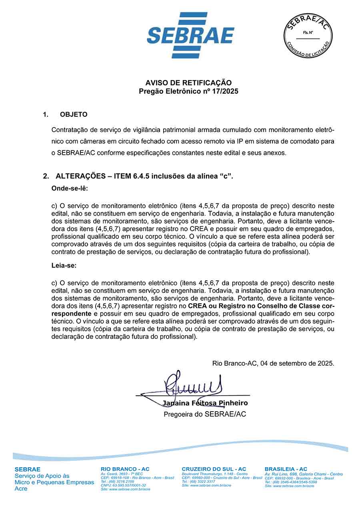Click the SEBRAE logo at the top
pos(190,35)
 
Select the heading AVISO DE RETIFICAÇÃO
pos(188,83)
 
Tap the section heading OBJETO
pos(74,114)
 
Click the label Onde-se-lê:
pos(70,188)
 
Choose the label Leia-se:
pos(64,265)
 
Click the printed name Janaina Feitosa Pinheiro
pos(205,403)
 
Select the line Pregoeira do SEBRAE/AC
pos(205,414)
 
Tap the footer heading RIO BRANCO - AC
pos(125,469)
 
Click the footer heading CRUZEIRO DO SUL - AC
pos(214,469)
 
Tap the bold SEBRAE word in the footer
pos(28,469)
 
